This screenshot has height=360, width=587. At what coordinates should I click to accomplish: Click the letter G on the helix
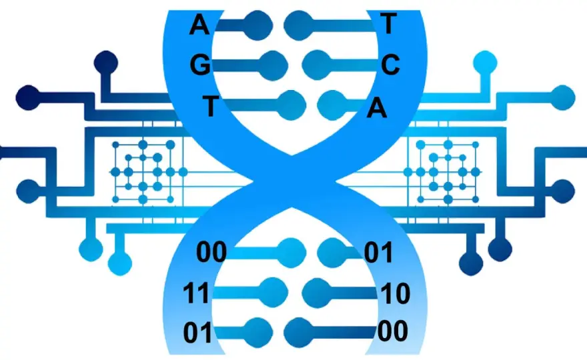coord(200,66)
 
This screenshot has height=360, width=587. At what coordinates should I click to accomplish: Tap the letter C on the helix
coord(390,65)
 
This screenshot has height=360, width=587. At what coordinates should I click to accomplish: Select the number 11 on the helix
coord(196,293)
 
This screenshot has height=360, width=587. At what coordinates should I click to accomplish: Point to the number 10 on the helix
coord(395,293)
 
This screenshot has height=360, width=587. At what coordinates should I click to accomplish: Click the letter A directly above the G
coord(199,25)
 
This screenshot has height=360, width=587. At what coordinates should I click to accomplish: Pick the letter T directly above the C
coord(388,23)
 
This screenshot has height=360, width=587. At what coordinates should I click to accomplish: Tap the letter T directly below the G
coord(211,106)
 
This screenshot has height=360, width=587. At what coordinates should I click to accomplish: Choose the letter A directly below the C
coord(377,108)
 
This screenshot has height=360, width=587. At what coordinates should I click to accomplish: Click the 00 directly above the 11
coord(211,252)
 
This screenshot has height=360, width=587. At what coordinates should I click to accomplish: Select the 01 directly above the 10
coord(378,253)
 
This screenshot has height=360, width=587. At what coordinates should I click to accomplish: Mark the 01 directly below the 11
coord(197,333)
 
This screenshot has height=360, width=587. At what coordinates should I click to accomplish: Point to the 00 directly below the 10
coord(393,331)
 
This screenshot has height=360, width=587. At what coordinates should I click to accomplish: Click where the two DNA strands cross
coord(292,182)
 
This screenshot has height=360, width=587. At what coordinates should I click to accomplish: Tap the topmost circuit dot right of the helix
coord(485,63)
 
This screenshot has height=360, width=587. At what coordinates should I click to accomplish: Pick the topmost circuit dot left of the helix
coord(106,63)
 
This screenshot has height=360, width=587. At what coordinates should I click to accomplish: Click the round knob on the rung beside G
coord(273,66)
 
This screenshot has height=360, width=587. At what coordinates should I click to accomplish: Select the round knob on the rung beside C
coord(317,65)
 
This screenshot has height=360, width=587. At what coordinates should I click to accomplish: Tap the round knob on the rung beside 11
coord(273,292)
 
